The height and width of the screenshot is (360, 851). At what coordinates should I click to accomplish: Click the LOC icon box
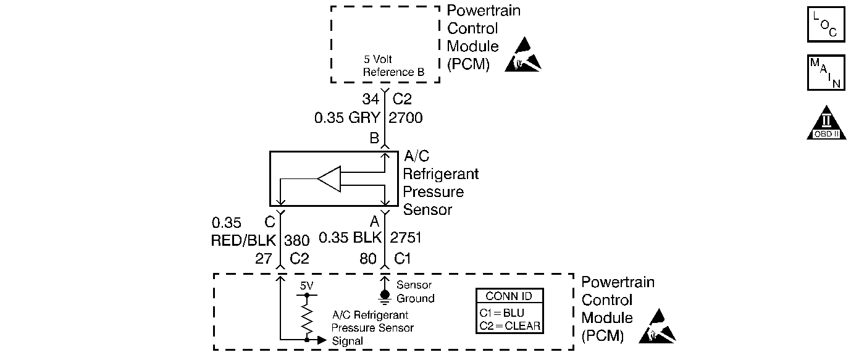click(826, 24)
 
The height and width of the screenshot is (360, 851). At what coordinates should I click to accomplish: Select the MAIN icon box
click(826, 72)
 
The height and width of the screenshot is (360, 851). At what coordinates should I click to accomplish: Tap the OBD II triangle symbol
click(826, 123)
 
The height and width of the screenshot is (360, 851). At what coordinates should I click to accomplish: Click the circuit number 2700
click(405, 118)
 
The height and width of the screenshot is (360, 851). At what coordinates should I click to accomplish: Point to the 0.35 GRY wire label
click(347, 118)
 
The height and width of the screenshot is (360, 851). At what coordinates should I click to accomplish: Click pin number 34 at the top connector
click(371, 99)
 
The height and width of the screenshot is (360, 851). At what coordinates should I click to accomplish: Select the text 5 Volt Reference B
click(393, 65)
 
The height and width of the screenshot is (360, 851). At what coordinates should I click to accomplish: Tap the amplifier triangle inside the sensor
click(329, 178)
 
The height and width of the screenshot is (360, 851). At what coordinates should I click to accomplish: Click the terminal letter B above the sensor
click(374, 138)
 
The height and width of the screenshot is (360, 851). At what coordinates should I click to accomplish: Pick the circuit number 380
click(296, 240)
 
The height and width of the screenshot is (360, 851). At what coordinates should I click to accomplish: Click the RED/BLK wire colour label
click(243, 240)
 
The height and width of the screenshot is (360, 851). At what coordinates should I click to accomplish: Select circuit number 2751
click(406, 238)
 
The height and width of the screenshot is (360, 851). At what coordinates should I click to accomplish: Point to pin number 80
click(367, 259)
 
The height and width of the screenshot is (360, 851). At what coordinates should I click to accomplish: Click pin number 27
click(263, 259)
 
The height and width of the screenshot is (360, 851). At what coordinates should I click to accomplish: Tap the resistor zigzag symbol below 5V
click(306, 320)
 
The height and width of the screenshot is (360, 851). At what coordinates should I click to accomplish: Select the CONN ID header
click(509, 296)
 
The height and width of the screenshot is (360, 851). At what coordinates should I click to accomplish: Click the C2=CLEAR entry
click(510, 326)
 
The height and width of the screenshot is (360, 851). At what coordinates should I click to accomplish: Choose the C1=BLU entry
click(502, 313)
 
